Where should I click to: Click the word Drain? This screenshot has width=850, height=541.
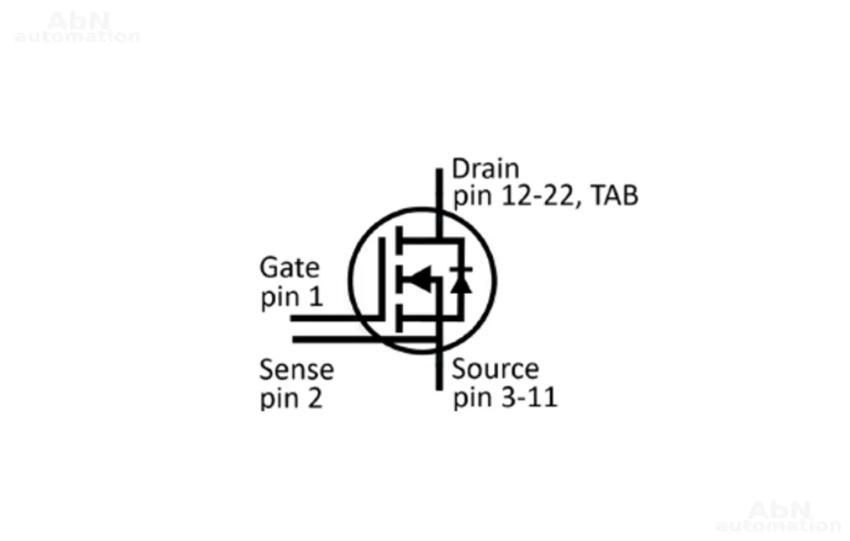(486, 169)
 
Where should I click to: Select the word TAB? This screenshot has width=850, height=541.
(615, 197)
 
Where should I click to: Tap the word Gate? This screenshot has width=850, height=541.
(289, 268)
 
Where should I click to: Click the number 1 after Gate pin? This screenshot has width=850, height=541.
(316, 298)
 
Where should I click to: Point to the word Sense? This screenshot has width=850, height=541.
(296, 370)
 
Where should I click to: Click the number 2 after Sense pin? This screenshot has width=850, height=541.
(315, 400)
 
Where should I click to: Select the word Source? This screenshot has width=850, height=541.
(495, 369)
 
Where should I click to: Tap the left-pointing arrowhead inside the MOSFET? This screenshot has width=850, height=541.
(419, 280)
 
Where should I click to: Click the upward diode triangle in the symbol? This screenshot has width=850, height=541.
(460, 284)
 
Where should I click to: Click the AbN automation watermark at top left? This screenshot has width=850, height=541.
(77, 28)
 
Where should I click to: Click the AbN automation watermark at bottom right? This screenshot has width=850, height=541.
(778, 517)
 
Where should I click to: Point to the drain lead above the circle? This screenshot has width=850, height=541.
(439, 188)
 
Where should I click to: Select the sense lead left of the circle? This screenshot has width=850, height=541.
(320, 339)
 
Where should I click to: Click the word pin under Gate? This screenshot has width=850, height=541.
(279, 299)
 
